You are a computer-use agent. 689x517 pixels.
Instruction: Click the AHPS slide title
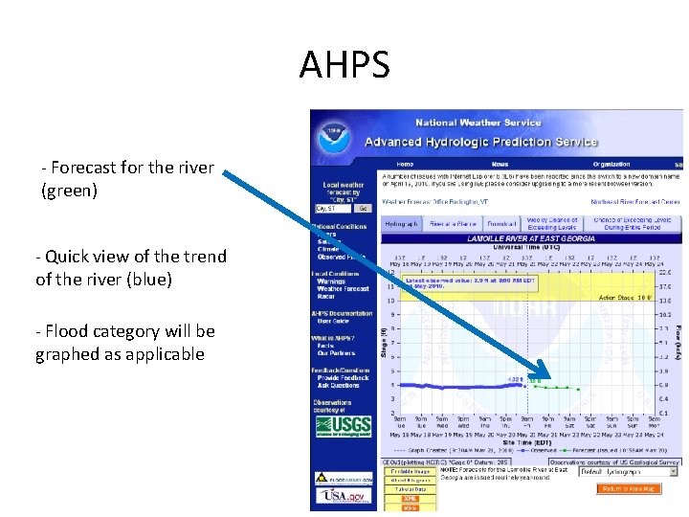[344, 66]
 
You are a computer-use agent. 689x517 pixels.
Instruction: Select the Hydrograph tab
[401, 223]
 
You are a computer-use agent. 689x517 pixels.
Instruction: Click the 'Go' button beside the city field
[363, 208]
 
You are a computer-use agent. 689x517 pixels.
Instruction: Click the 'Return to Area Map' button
[630, 489]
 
